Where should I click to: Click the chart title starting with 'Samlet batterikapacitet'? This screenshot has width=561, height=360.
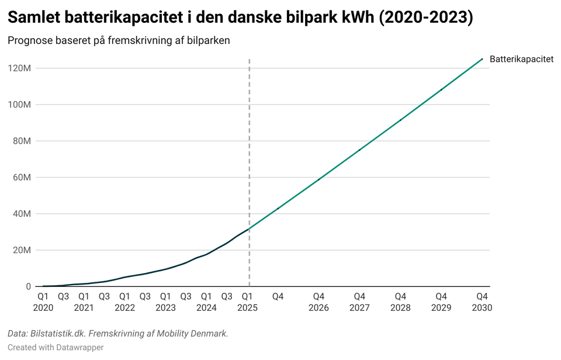[x=240, y=18]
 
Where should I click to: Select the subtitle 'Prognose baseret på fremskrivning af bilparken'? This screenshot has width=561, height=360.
[x=119, y=41]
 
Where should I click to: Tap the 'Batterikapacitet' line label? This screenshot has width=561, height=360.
[x=521, y=59]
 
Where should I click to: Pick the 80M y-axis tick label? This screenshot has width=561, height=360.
[x=22, y=141]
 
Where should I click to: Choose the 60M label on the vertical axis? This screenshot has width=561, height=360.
[x=22, y=177]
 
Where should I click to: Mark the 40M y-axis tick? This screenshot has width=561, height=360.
[x=22, y=214]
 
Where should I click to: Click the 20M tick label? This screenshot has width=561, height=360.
[x=22, y=250]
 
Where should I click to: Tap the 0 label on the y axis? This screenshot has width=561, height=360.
[x=28, y=286]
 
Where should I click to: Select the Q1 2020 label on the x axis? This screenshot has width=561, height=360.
[x=43, y=302]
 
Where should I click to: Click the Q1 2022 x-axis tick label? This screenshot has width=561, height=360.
[x=124, y=302]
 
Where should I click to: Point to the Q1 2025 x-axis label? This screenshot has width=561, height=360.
[x=247, y=302]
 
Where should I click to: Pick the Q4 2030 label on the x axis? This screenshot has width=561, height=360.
[x=482, y=302]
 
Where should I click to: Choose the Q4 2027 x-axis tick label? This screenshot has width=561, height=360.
[x=359, y=302]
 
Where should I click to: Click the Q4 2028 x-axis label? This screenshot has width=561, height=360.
[x=400, y=302]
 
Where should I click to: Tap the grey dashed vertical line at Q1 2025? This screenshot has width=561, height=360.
[x=250, y=146]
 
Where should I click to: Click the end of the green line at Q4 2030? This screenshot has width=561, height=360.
[x=482, y=58]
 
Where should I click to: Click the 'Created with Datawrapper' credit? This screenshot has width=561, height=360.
[x=56, y=348]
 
